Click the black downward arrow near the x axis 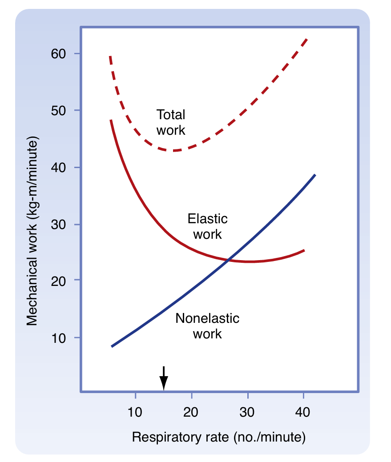[164, 379]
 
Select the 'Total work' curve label [171, 122]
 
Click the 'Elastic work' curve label [207, 226]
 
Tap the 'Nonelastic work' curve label [207, 325]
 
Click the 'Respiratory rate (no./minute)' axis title [218, 437]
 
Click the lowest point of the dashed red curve [173, 151]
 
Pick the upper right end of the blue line [315, 175]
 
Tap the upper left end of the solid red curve [111, 120]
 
